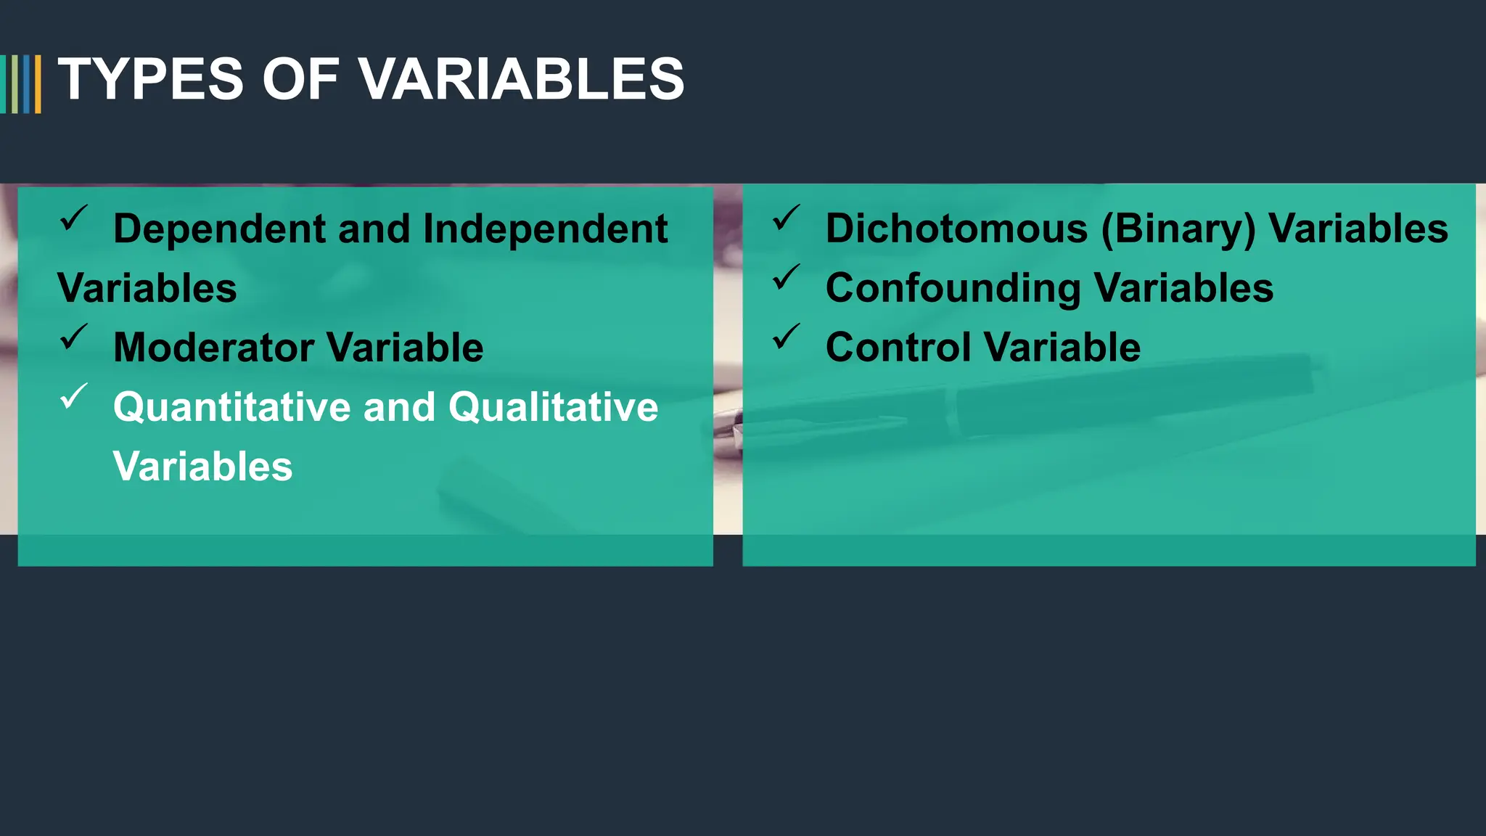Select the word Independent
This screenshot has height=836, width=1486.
[545, 229]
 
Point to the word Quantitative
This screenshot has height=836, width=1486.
[231, 407]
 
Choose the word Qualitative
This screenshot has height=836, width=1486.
[553, 407]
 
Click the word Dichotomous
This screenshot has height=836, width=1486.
[956, 229]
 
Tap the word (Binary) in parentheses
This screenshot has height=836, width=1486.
[1178, 229]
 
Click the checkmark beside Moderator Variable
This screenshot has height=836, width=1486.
[74, 337]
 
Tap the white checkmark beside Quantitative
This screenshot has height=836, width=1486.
[74, 396]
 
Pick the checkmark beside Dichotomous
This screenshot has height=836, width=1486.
[787, 218]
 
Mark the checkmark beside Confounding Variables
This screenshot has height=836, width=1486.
[787, 277]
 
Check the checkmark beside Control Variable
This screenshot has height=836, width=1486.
[787, 337]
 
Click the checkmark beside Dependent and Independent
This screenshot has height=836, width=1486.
[74, 218]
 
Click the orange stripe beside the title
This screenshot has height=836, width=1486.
[38, 84]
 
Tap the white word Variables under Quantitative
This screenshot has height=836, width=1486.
[202, 467]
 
